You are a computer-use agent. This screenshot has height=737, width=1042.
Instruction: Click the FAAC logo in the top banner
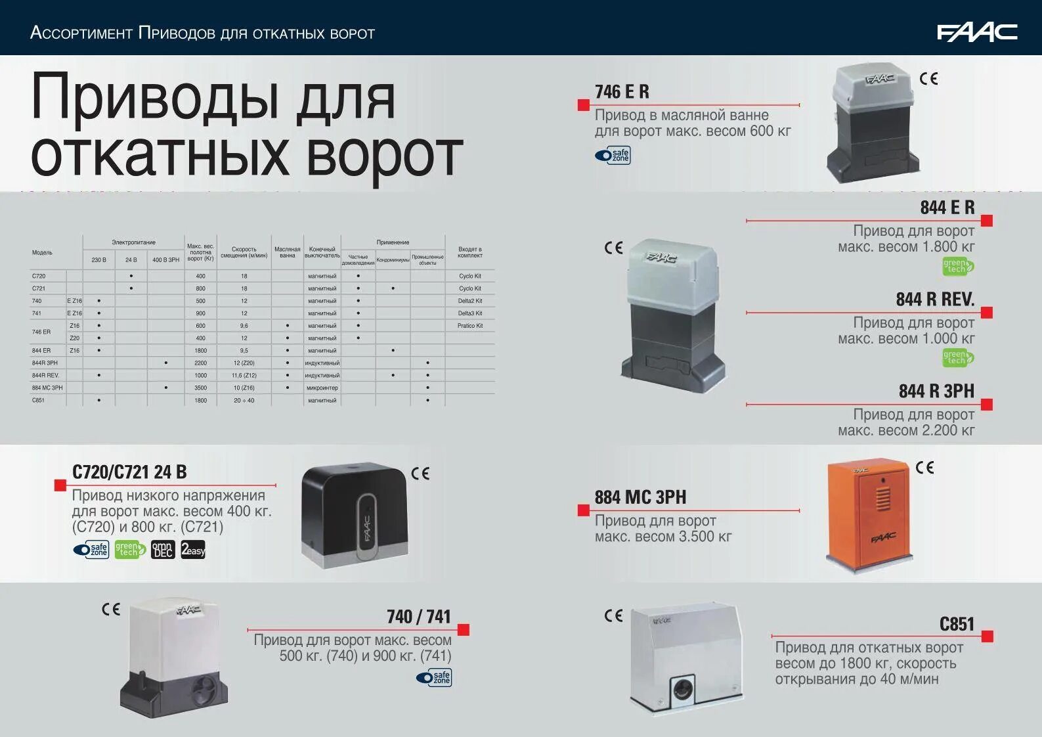[976, 32]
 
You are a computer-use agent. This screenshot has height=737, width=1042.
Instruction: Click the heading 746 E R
[621, 92]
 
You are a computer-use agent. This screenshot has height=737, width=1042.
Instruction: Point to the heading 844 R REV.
[934, 300]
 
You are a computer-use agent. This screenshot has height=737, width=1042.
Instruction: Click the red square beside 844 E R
[986, 221]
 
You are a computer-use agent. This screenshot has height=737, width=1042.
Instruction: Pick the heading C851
[957, 624]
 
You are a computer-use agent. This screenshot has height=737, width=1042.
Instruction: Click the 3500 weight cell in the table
[200, 388]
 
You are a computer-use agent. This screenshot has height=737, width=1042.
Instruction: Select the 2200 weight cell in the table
[200, 363]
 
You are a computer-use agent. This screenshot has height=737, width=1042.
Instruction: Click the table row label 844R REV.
[45, 376]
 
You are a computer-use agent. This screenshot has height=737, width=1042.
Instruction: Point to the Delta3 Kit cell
[469, 313]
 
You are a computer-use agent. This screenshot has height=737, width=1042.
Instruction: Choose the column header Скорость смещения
[244, 253]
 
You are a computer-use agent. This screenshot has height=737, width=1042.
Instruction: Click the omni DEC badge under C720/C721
[162, 550]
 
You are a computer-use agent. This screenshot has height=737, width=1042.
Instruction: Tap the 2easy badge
[193, 550]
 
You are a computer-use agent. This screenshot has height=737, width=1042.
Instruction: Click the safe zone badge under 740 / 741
[434, 677]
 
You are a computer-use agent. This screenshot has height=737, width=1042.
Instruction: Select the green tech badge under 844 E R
[957, 267]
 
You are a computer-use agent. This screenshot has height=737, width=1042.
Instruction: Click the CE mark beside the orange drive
[924, 468]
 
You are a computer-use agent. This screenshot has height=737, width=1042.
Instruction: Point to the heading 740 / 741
[418, 617]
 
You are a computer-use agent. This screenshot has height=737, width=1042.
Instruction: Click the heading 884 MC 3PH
[640, 497]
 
